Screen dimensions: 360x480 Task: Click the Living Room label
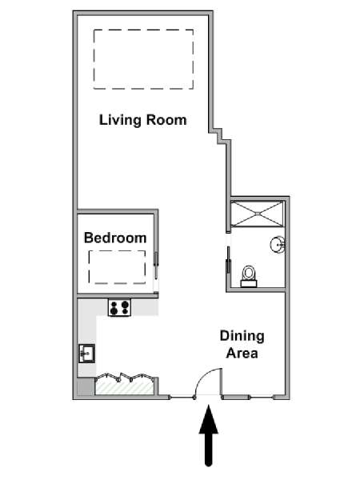coord(143,120)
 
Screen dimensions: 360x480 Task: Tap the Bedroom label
coord(115,238)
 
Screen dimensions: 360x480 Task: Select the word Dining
coord(242,337)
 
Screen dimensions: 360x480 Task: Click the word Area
coord(242,354)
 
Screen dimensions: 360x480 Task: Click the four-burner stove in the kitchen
coord(120,307)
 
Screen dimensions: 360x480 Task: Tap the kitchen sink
coord(86,354)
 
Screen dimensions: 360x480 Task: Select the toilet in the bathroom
coord(249,276)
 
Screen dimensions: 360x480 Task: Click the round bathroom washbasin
coord(278,245)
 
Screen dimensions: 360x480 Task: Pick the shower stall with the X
coord(258,214)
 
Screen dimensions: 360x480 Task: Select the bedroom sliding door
coord(156,265)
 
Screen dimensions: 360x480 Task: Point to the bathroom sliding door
coord(228,260)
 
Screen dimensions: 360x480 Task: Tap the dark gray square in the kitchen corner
coord(86,387)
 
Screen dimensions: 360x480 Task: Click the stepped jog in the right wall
coord(220,136)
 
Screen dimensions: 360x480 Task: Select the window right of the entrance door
coord(249,398)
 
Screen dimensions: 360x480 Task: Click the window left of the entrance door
coord(182,398)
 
